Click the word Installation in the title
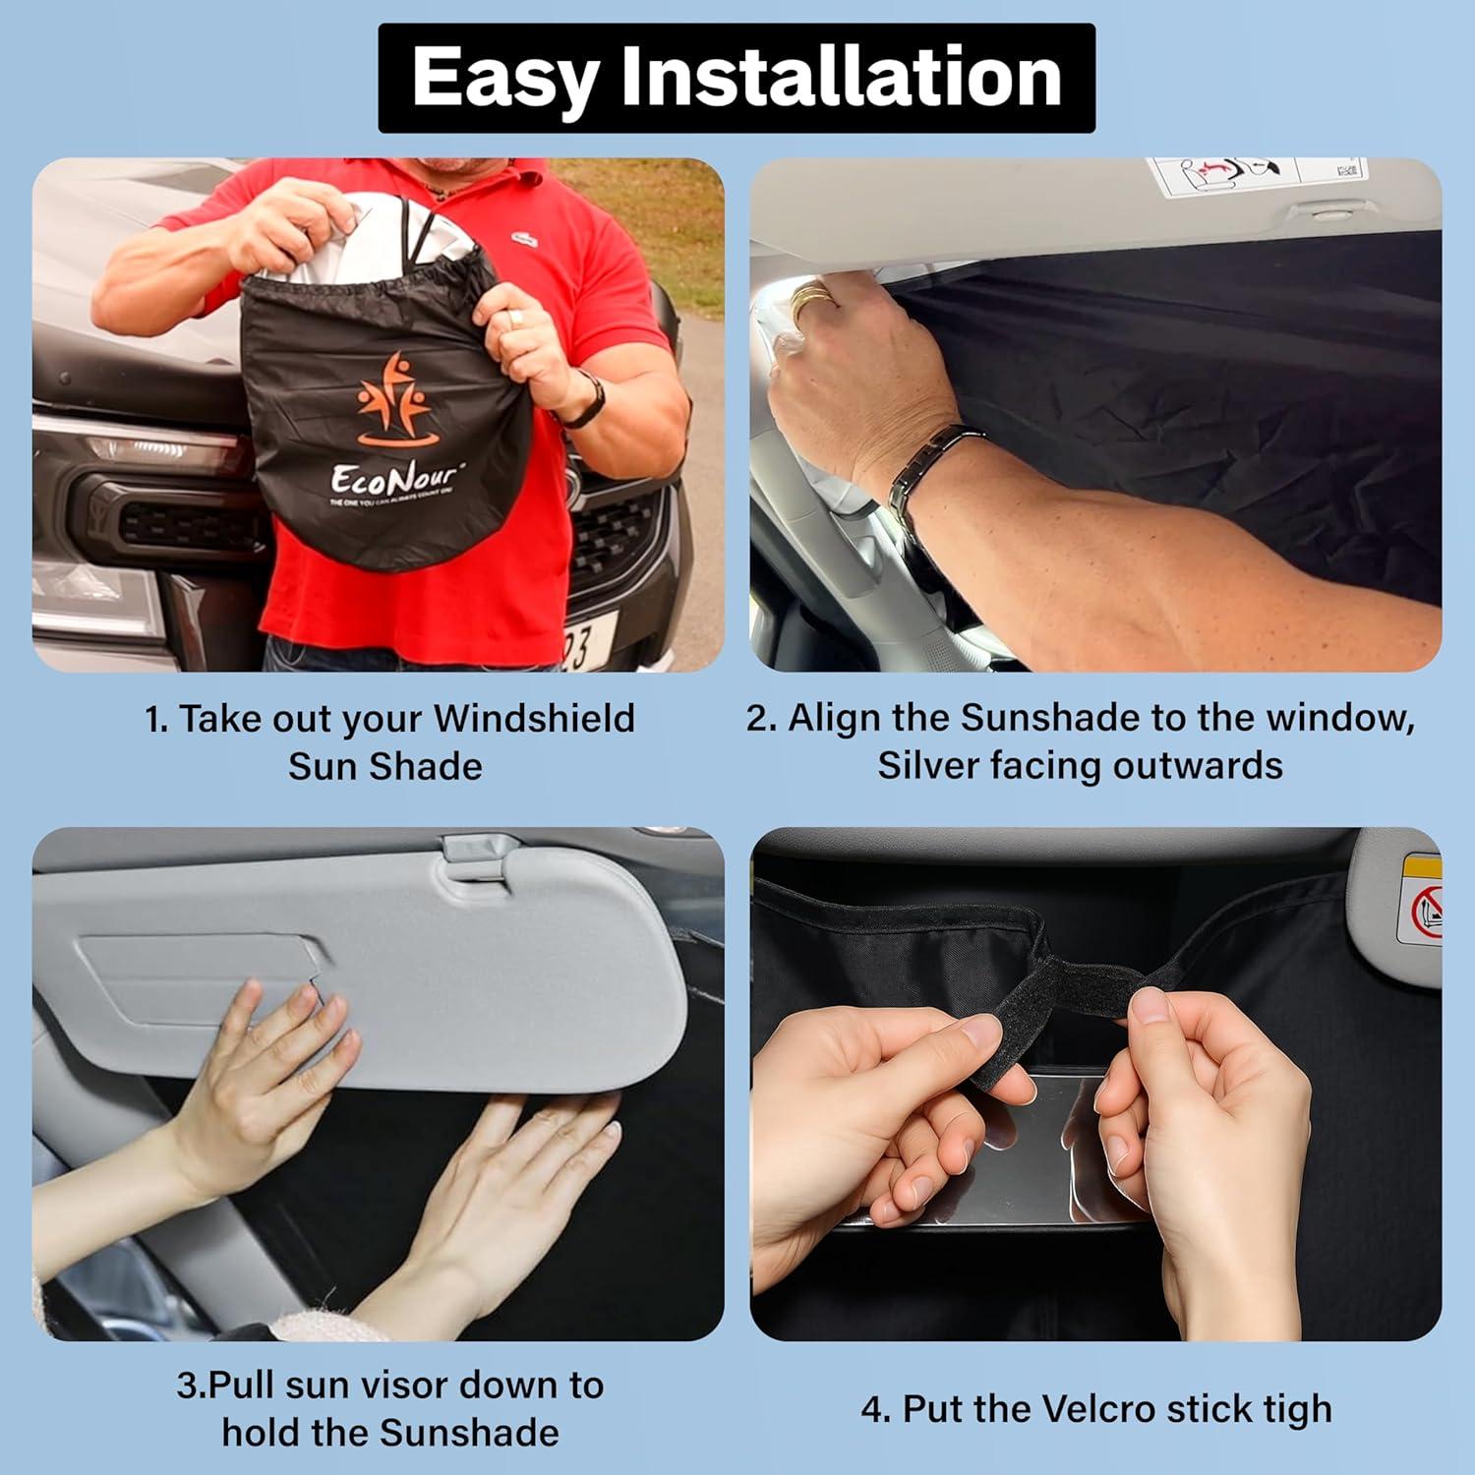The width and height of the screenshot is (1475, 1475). coord(842,78)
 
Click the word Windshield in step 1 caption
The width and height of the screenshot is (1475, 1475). coord(534,719)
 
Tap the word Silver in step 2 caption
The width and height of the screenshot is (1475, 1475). coord(927,766)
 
